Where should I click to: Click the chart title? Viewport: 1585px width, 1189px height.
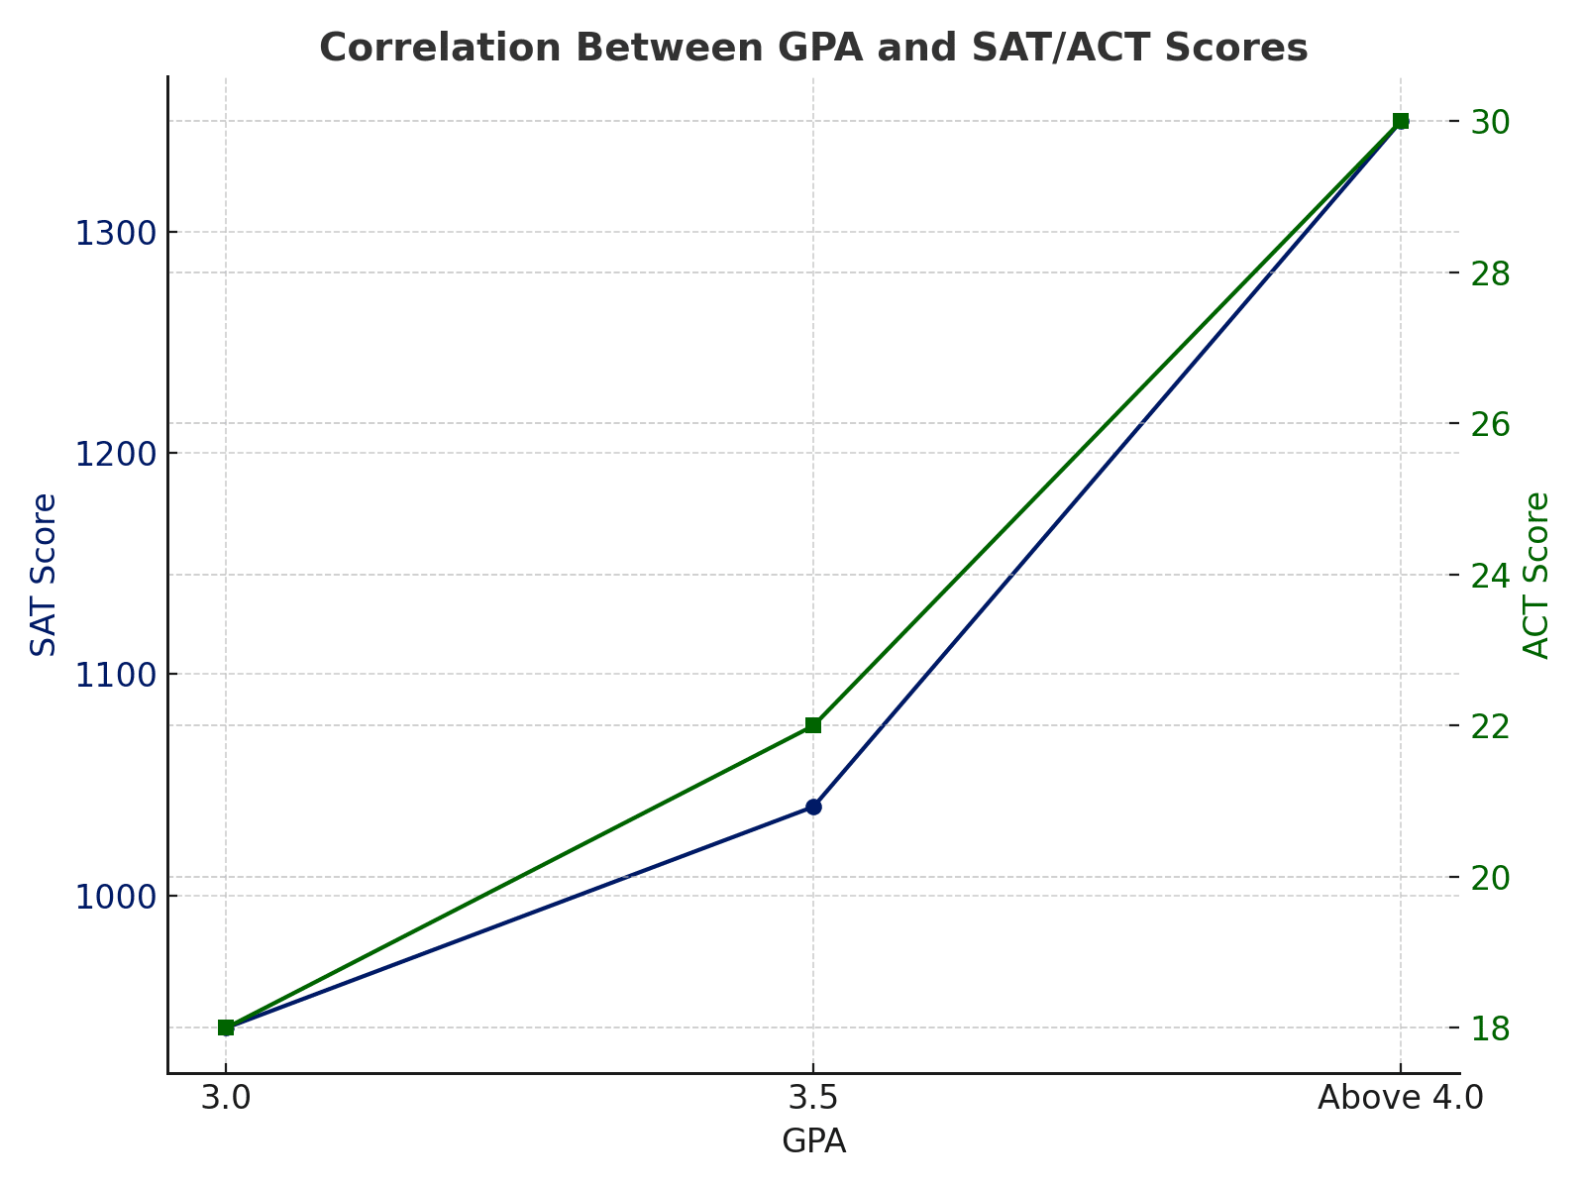[813, 48]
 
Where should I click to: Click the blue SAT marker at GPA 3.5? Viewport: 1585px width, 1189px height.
[813, 807]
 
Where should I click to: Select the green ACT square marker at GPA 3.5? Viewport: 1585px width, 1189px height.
[813, 725]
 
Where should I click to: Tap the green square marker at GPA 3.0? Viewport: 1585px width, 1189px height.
[226, 1027]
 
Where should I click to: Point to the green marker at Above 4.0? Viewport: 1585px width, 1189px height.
[1401, 121]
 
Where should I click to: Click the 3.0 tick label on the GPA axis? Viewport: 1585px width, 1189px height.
[226, 1099]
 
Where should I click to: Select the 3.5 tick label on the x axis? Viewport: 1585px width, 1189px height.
[813, 1099]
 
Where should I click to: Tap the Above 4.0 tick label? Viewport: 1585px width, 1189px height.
[1401, 1099]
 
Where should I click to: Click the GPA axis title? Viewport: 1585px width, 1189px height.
[813, 1142]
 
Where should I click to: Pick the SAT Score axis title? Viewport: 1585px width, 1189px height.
[44, 575]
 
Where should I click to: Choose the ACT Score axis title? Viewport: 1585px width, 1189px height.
[1536, 575]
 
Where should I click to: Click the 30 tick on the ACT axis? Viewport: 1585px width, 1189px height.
[1491, 122]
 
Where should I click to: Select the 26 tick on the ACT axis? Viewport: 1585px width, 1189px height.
[1491, 424]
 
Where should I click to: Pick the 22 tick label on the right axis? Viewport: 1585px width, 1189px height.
[1491, 726]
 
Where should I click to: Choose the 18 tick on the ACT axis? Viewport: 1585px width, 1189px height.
[1491, 1028]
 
